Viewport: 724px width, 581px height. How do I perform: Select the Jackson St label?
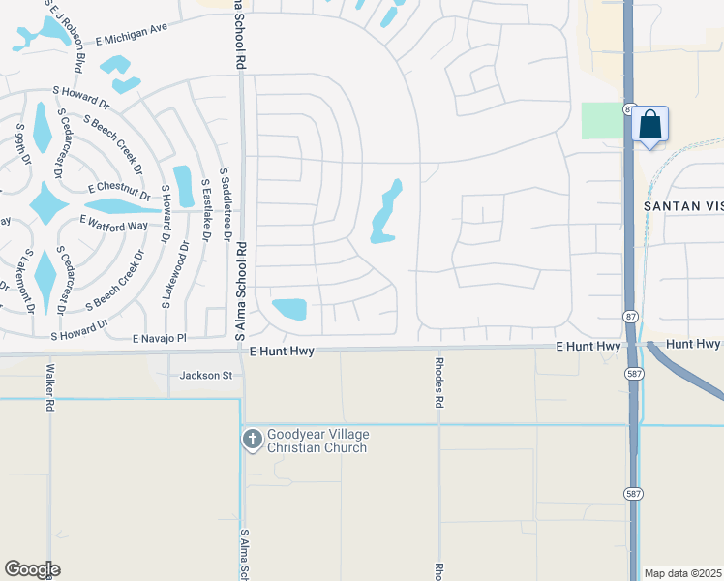(206, 375)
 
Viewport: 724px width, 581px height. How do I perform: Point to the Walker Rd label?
(48, 388)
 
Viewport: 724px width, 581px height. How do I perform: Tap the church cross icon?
(252, 440)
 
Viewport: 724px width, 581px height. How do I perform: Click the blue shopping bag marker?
(650, 126)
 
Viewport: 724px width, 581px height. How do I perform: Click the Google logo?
(32, 569)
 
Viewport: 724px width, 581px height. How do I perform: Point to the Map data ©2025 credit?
(681, 573)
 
